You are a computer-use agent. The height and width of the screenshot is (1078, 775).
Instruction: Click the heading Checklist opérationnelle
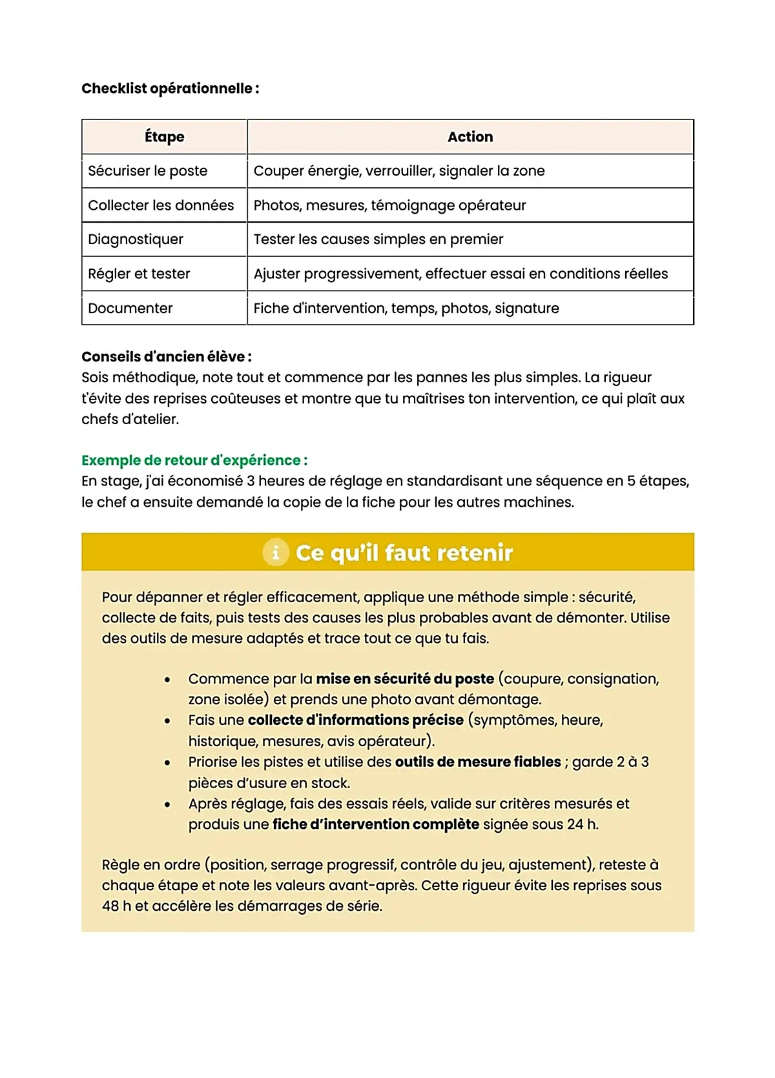coord(170,88)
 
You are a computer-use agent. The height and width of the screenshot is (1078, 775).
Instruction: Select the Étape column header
coord(164,137)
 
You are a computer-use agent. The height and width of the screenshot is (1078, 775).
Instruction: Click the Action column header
coord(470,137)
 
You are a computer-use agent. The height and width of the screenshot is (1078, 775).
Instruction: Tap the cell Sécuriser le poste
coord(148,171)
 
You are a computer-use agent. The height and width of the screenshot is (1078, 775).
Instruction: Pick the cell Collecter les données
coord(161,205)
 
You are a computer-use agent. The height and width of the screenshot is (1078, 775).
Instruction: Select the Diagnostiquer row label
coord(136,239)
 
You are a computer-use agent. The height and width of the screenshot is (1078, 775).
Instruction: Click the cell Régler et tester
coord(139,274)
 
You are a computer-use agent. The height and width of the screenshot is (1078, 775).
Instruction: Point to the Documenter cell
coord(130,309)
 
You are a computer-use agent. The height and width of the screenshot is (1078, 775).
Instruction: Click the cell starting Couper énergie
coord(399,171)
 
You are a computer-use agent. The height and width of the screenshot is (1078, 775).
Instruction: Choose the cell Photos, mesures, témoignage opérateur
coord(389,205)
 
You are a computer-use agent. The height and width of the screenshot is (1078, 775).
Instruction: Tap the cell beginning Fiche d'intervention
coord(406,309)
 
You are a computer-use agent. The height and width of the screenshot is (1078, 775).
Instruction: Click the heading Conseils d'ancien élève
coord(166,357)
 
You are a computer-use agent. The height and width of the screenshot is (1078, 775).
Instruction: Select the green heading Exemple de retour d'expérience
coord(194,460)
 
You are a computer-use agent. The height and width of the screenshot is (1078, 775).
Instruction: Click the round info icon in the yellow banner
coord(276,553)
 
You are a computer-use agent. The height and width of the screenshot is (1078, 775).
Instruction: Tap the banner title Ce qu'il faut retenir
coord(404,553)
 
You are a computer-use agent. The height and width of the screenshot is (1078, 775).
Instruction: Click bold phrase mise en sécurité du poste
coord(405,679)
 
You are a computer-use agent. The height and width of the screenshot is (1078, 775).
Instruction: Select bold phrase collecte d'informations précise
coord(355,720)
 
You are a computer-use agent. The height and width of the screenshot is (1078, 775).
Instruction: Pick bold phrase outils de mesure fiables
coord(478,762)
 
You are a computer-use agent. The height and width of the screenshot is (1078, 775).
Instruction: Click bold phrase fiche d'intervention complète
coord(375,825)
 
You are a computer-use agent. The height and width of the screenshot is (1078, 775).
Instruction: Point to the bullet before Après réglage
coord(167,804)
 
